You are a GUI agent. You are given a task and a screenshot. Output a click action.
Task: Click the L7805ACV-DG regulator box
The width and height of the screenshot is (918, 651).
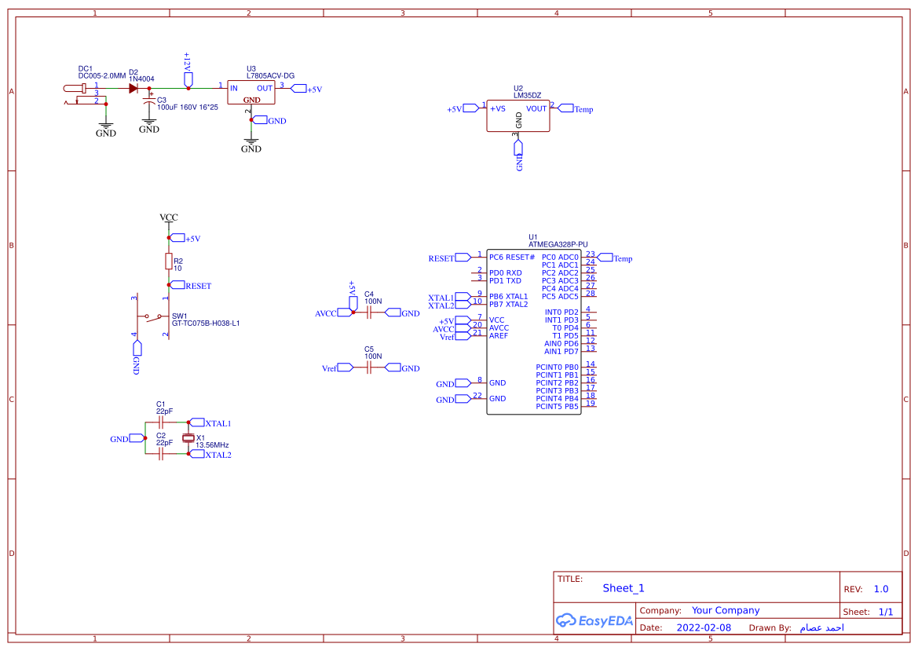(251, 93)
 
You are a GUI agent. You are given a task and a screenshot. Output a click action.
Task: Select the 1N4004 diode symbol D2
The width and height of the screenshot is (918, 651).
(133, 88)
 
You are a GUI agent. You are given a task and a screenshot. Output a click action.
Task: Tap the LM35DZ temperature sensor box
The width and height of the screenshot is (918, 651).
(518, 115)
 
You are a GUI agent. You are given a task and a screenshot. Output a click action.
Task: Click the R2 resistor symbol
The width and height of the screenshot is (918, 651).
(168, 261)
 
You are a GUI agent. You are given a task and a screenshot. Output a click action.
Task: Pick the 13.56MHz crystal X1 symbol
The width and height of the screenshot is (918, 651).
(188, 438)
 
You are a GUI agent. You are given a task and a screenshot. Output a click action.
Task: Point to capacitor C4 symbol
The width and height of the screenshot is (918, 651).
(368, 313)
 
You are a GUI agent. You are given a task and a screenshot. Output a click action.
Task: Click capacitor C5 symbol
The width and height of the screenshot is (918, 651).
(368, 368)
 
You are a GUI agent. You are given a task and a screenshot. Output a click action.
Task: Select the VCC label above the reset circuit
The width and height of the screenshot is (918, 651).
(168, 218)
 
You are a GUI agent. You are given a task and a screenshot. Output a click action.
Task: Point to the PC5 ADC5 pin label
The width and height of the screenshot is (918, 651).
(560, 297)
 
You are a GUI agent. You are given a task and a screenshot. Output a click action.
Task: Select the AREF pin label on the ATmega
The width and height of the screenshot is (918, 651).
(499, 336)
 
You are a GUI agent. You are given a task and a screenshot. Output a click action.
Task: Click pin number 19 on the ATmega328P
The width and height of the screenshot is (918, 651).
(590, 403)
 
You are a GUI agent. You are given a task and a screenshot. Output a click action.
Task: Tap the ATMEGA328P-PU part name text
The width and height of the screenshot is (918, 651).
(558, 244)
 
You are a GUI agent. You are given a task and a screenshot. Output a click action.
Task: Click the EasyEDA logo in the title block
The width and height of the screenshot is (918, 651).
(594, 620)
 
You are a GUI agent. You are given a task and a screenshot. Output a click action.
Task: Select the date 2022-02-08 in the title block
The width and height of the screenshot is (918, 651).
(704, 627)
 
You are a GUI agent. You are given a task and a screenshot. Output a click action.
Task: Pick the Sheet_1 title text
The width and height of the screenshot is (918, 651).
(624, 588)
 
